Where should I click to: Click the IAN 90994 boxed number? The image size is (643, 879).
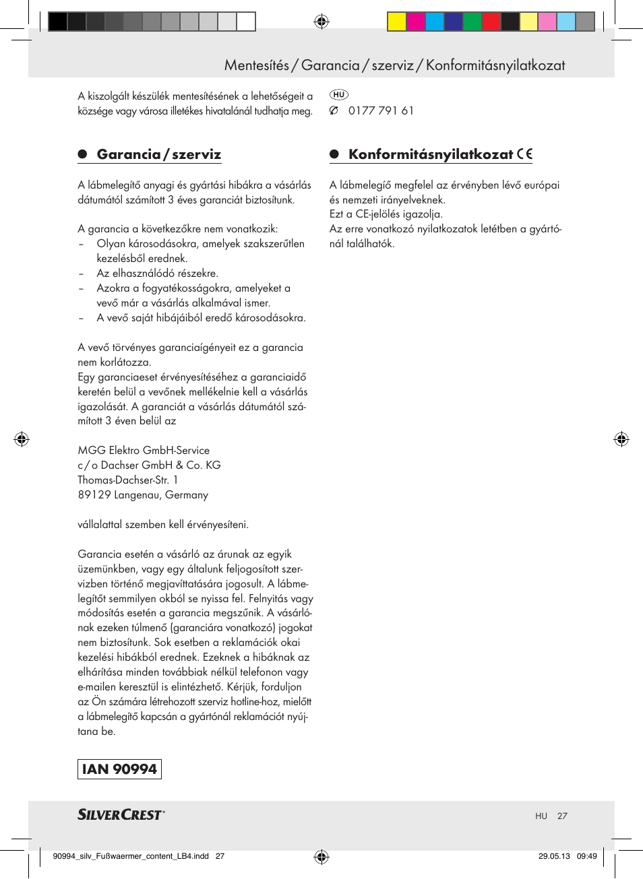click(x=119, y=769)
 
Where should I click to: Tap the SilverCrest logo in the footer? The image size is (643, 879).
click(x=121, y=815)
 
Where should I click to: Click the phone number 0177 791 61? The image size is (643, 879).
click(x=381, y=110)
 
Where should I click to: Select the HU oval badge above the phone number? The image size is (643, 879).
click(x=338, y=95)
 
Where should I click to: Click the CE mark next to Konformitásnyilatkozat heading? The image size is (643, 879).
click(x=525, y=154)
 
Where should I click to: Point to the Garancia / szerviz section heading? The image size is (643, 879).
click(x=158, y=154)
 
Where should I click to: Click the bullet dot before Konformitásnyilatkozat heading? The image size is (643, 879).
click(x=334, y=154)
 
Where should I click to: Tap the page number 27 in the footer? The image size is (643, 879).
click(x=562, y=816)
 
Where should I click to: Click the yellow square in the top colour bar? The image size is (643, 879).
click(x=396, y=22)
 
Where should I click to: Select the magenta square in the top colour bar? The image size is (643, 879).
click(x=415, y=22)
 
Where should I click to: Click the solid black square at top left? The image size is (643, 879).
click(x=58, y=22)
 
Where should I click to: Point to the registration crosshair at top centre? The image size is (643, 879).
click(x=321, y=22)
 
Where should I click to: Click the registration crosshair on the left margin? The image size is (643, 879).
click(x=22, y=439)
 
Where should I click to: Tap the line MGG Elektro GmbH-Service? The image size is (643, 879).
click(x=144, y=451)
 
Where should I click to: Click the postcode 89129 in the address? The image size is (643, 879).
click(x=94, y=495)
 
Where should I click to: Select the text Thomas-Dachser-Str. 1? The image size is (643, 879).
click(x=127, y=480)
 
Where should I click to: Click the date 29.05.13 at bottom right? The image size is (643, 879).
click(x=554, y=856)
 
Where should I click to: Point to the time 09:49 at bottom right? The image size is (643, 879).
click(x=586, y=856)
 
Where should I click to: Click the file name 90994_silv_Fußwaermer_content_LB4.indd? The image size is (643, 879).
click(x=131, y=856)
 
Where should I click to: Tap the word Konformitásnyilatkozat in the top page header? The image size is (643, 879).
click(x=495, y=65)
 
